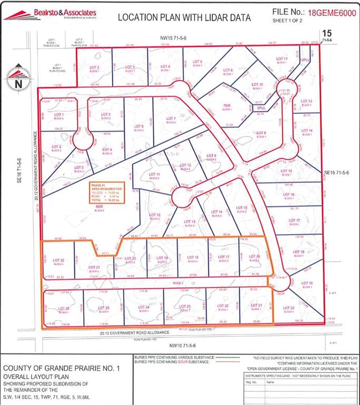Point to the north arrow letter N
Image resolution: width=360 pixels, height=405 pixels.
point(18,84)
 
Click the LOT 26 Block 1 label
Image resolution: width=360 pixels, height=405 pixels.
point(64,309)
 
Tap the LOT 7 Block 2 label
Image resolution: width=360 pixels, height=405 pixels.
point(170,119)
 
